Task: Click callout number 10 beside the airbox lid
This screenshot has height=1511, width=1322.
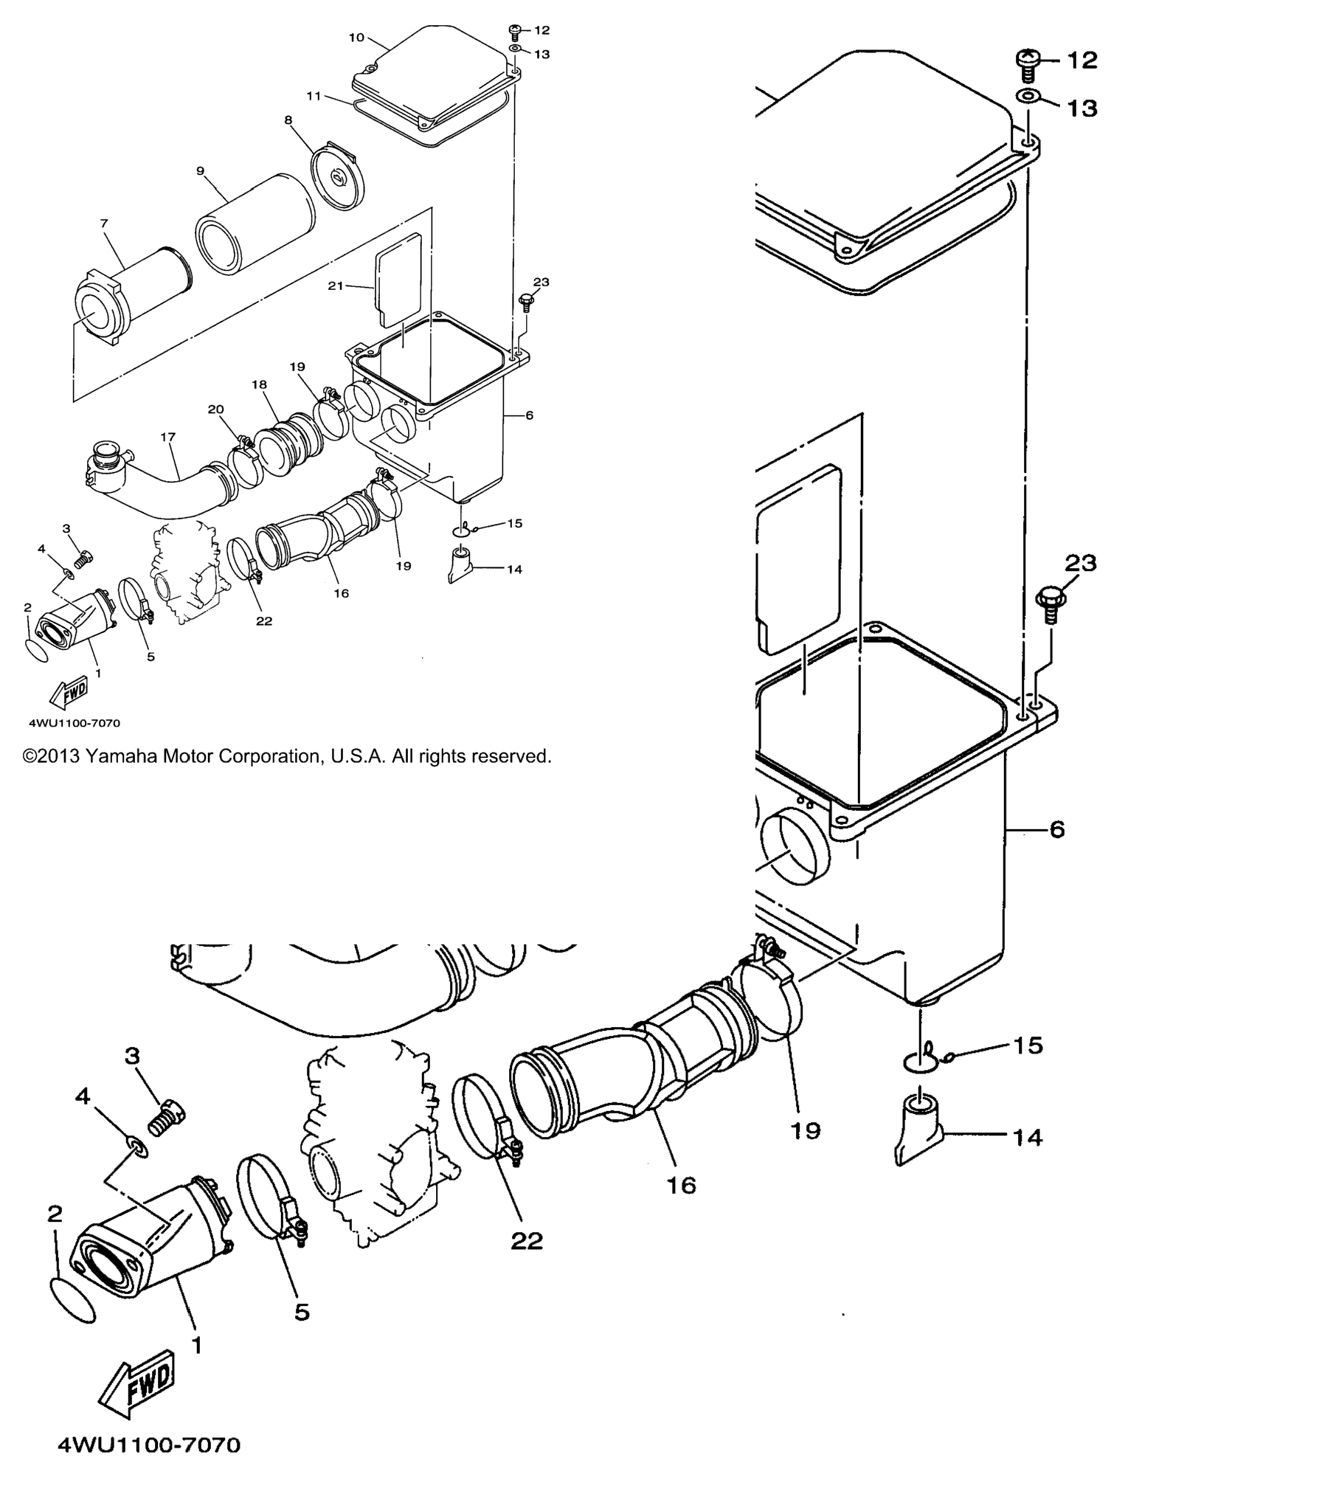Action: tap(356, 38)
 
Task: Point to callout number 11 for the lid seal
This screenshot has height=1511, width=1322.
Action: tap(314, 96)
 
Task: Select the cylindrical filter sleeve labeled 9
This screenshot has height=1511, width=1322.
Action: tap(255, 224)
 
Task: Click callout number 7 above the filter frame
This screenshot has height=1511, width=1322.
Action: tap(104, 223)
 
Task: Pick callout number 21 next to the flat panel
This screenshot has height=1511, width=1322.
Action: tap(336, 286)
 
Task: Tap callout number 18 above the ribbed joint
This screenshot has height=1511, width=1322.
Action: tap(259, 384)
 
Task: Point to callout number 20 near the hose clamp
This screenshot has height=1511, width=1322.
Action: tap(215, 409)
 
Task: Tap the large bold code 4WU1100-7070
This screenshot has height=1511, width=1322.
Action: tap(149, 1465)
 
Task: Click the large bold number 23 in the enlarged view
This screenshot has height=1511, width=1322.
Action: tap(1080, 563)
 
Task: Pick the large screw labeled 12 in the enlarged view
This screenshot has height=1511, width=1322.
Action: tap(1028, 65)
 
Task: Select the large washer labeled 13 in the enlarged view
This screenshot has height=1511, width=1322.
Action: tap(1028, 97)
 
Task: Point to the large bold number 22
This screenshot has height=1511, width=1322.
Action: tap(527, 1241)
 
